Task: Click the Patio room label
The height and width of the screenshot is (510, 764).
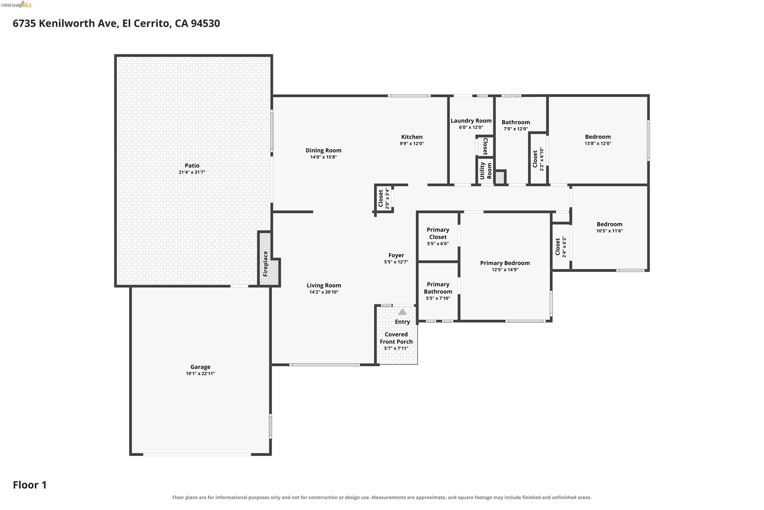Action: point(192,165)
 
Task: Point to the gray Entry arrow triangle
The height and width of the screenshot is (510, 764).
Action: point(402,312)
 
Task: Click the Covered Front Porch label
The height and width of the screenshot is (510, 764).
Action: point(396,338)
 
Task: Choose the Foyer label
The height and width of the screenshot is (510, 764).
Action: point(396,255)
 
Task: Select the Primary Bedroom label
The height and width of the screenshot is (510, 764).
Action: point(505,263)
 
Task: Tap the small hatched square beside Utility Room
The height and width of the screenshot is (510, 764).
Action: point(500,177)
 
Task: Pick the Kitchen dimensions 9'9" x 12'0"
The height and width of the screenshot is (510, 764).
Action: point(412,143)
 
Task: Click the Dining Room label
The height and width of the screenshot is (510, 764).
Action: point(323,150)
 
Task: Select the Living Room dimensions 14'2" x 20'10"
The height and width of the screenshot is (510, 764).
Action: point(324,292)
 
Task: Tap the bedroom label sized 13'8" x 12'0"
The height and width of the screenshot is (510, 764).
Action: point(598,137)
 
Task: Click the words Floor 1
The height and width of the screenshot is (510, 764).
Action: point(30,485)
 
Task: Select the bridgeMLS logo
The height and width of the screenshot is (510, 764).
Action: point(16,5)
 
